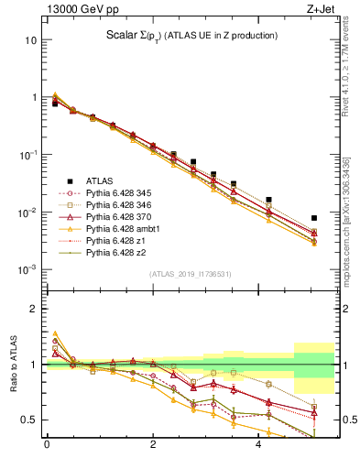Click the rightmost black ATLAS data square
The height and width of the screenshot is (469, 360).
(x=314, y=218)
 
